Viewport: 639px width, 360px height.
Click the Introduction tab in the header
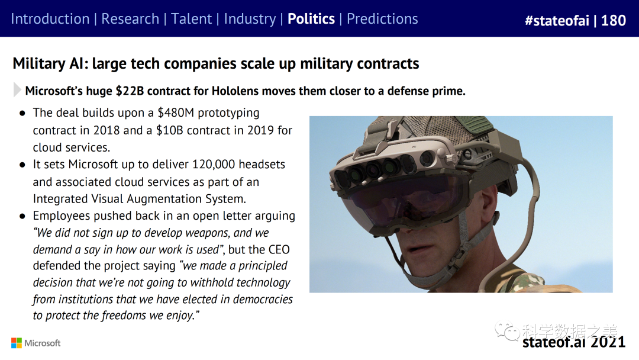point(50,19)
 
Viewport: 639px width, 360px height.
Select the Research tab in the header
point(130,19)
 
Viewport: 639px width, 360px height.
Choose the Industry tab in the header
point(250,19)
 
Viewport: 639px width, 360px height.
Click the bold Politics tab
point(311,19)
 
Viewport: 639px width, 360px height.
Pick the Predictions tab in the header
point(382,19)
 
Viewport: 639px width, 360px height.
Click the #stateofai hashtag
point(557,21)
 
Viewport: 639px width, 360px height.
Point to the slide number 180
point(613,21)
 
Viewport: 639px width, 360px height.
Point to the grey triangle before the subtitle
point(17,91)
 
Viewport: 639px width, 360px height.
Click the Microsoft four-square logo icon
point(17,343)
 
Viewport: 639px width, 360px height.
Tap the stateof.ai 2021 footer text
point(573,342)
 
